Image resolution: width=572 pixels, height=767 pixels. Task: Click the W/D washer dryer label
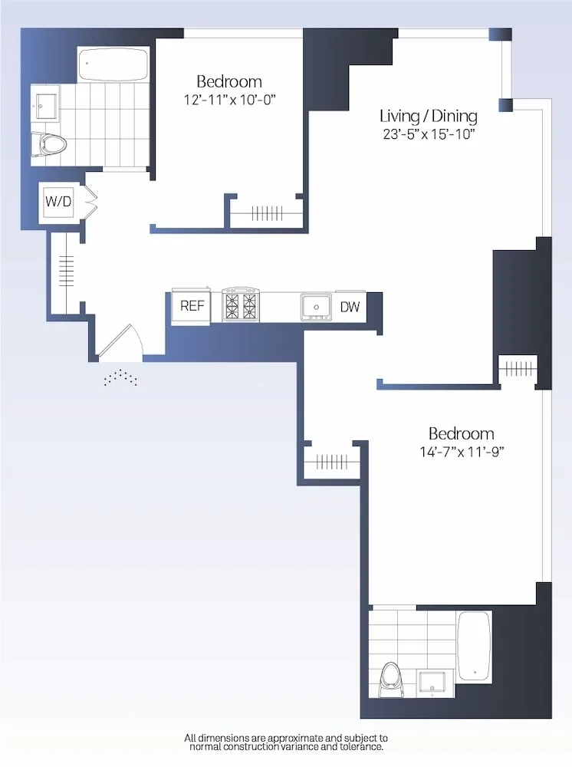(58, 202)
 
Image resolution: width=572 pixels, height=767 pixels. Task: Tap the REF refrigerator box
(192, 305)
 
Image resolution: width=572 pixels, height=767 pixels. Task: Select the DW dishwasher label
(350, 307)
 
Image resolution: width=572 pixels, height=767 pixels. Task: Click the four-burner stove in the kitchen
(242, 304)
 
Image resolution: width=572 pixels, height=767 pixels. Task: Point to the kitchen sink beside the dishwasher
(314, 306)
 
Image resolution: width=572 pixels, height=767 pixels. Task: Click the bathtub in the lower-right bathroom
(474, 646)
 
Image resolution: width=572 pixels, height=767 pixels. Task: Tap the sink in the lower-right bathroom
(435, 681)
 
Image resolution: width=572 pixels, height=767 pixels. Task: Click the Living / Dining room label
(429, 116)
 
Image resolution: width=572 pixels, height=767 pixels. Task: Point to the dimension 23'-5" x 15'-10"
(429, 133)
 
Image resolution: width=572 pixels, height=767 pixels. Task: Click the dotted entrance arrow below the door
(121, 377)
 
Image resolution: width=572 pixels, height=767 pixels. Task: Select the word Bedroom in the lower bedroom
(461, 433)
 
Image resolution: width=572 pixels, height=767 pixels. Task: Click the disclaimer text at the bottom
(286, 742)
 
